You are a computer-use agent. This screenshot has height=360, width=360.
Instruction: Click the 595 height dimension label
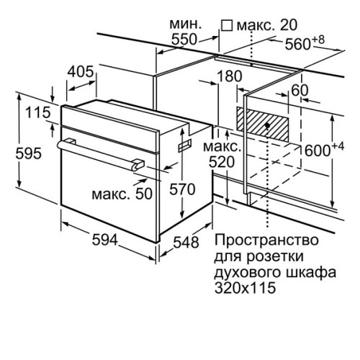29,153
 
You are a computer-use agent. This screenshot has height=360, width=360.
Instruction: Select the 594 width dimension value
105,240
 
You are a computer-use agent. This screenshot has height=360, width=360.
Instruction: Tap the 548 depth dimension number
186,242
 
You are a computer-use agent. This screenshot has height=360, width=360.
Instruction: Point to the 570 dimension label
182,189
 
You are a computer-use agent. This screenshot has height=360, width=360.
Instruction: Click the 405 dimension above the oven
80,71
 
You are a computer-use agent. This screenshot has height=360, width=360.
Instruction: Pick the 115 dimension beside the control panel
38,112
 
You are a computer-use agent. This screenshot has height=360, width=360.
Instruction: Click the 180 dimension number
229,76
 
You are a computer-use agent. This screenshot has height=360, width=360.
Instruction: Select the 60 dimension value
300,90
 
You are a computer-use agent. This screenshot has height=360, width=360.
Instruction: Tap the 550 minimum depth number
184,40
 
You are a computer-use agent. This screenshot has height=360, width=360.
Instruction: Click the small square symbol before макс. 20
227,25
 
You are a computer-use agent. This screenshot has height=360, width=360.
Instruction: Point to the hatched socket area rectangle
263,125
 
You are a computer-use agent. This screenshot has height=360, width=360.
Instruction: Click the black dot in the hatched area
268,125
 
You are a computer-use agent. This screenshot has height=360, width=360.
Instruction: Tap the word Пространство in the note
266,240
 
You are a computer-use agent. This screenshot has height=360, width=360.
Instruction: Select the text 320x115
245,287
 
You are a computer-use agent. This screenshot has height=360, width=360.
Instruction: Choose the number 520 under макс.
222,162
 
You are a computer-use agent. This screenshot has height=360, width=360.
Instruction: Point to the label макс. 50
122,194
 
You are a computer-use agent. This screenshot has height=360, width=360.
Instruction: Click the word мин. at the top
185,24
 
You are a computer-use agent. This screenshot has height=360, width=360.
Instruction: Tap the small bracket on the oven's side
185,145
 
